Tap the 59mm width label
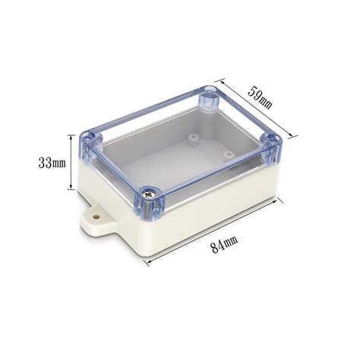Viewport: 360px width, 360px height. (260, 97)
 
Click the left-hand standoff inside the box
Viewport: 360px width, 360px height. (193, 139)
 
